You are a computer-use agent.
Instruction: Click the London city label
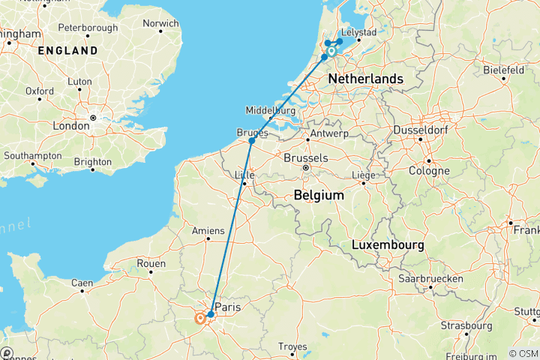[x=71, y=126]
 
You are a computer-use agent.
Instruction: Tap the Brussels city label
[x=306, y=158]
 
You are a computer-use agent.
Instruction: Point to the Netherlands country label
[x=366, y=79]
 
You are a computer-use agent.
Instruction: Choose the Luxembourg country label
[x=387, y=245]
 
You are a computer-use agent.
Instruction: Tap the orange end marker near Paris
[x=200, y=319]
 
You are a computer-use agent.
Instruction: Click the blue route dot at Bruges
[x=252, y=141]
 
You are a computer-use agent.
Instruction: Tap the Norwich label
[x=162, y=23]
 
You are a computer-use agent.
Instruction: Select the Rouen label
[x=151, y=263]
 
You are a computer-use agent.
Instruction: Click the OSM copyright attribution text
[x=523, y=353]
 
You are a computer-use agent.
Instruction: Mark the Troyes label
[x=292, y=346]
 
